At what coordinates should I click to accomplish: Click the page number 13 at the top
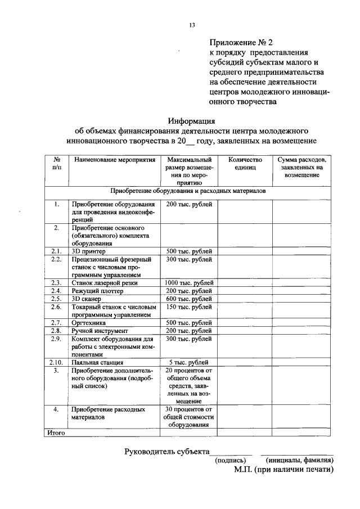click(x=192, y=25)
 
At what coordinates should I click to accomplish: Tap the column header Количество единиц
click(x=245, y=164)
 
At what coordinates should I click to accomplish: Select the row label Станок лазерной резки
click(x=105, y=283)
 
